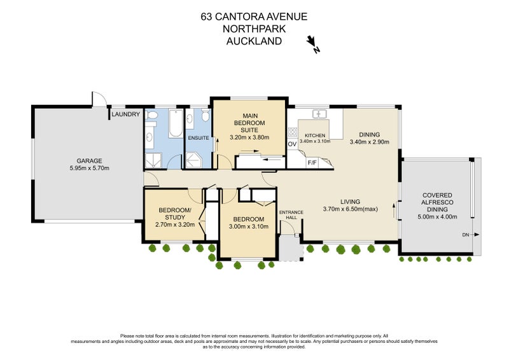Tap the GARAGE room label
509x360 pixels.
(x=88, y=161)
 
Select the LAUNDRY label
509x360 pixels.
(x=126, y=114)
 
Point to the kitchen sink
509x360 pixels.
(x=319, y=114)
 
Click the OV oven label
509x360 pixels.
(x=293, y=144)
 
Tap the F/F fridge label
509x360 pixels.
(x=312, y=162)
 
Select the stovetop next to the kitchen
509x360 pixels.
(x=293, y=132)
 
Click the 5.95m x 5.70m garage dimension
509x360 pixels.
(x=88, y=169)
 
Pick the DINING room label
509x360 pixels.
(x=369, y=135)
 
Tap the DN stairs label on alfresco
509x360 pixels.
(x=466, y=235)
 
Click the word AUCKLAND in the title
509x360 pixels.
(x=254, y=41)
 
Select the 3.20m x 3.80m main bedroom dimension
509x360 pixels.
(x=249, y=137)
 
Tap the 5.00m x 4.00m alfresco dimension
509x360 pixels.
(x=438, y=216)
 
